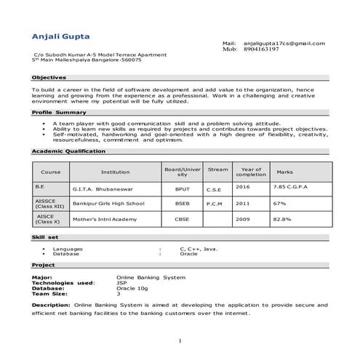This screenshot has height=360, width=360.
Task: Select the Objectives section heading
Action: pyautogui.click(x=49, y=76)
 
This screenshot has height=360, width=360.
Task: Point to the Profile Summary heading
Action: pyautogui.click(x=60, y=113)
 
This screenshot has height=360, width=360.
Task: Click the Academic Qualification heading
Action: pyautogui.click(x=69, y=151)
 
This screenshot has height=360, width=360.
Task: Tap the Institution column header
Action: pyautogui.click(x=115, y=172)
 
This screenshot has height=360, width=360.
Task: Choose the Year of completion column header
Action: pyautogui.click(x=251, y=172)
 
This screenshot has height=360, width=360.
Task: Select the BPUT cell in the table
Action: pyautogui.click(x=182, y=188)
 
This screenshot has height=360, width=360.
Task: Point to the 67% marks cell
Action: pyautogui.click(x=280, y=204)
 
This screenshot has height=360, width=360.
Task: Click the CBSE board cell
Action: pyautogui.click(x=182, y=219)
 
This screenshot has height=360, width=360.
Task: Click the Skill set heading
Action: pyautogui.click(x=45, y=237)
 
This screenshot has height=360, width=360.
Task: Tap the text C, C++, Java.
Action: pyautogui.click(x=199, y=249)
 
